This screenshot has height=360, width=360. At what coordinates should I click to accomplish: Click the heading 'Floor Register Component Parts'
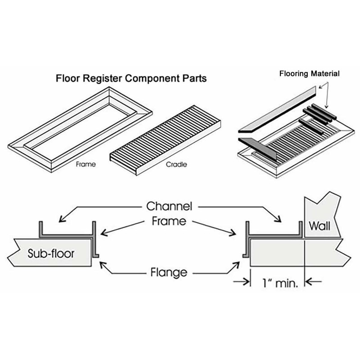tap(131, 78)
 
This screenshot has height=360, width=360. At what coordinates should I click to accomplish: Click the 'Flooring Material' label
tap(309, 73)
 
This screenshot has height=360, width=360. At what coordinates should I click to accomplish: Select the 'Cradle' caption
tap(177, 164)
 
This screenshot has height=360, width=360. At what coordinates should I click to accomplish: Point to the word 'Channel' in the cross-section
tap(170, 207)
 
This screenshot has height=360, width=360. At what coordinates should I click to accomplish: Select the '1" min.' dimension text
tap(277, 283)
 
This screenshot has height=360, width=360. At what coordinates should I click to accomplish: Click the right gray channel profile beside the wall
tap(274, 236)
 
